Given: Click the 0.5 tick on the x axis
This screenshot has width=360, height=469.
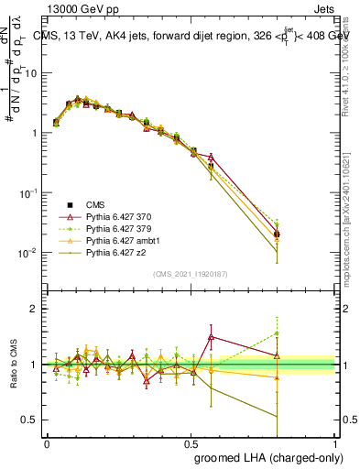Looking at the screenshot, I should point(191,442).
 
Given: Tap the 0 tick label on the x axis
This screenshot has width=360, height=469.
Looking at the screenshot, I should point(47,442).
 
